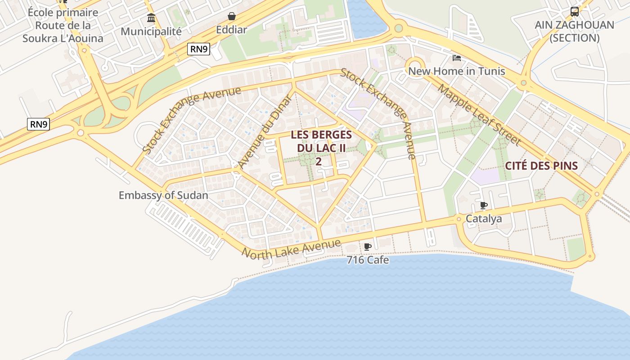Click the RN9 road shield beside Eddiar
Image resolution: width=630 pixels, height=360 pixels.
199,49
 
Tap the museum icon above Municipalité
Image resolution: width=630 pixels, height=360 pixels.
151,18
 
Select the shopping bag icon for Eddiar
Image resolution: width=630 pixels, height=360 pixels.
231,17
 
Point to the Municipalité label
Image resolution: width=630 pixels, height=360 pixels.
151,31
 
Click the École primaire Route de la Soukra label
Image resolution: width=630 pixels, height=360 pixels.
63,25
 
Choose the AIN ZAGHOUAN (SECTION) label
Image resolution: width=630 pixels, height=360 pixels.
574,31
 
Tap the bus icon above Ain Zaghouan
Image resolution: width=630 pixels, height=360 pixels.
575,11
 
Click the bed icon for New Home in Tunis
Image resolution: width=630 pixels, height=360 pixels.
456,58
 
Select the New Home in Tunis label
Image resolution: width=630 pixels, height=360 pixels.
456,71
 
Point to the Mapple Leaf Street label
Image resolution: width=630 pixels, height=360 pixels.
479,115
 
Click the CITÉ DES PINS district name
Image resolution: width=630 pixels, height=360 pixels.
541,166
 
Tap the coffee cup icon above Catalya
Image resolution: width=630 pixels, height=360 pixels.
484,206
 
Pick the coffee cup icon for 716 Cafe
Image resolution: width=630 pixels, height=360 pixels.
368,247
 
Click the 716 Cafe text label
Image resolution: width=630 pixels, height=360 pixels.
368,260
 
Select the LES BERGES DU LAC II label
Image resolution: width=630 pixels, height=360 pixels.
321,141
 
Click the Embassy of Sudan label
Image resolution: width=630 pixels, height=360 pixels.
163,195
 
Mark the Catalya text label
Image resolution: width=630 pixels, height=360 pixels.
484,219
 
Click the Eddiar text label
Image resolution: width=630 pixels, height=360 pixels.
231,30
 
